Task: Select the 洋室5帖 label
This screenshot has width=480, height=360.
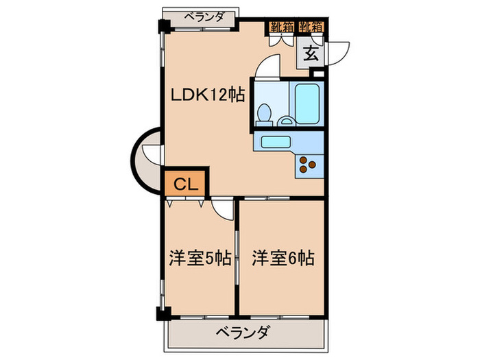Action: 200,259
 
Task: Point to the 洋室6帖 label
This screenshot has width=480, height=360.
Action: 283,259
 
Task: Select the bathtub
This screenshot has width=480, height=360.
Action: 307,103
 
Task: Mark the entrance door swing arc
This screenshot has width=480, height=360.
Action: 337,52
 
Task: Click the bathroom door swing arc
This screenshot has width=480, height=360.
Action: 267,69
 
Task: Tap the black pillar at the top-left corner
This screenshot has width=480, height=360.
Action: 164,27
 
